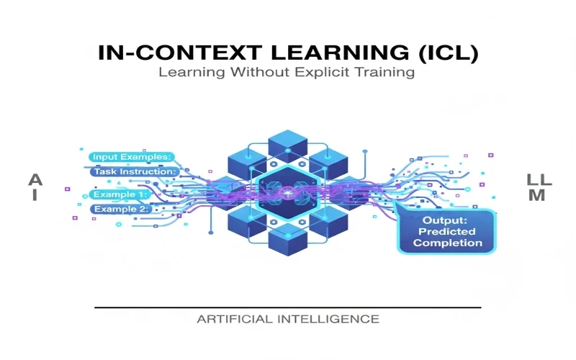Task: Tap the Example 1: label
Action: pyautogui.click(x=120, y=194)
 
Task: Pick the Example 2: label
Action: pyautogui.click(x=120, y=210)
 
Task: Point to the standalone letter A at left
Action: pyautogui.click(x=33, y=180)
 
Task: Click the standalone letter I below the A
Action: pyautogui.click(x=33, y=196)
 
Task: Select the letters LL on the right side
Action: pyautogui.click(x=537, y=179)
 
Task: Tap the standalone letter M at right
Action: pyautogui.click(x=537, y=196)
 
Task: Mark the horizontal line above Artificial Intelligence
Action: pyautogui.click(x=288, y=307)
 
